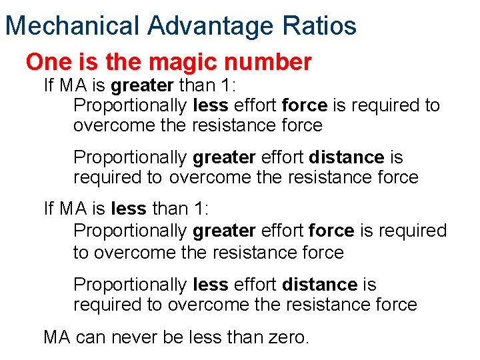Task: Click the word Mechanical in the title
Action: point(72,26)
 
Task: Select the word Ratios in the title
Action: point(323,26)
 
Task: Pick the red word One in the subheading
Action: point(47,62)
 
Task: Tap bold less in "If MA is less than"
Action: point(129,209)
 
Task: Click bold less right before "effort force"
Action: point(210,105)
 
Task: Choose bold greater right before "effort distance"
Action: point(224,157)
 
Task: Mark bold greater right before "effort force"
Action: point(224,231)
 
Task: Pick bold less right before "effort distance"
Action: point(210,285)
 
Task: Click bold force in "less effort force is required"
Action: point(305,105)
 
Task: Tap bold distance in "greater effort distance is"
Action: point(347,157)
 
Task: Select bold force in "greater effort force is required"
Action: point(332,231)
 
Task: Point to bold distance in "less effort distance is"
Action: point(319,285)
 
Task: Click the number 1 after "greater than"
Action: point(205,86)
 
